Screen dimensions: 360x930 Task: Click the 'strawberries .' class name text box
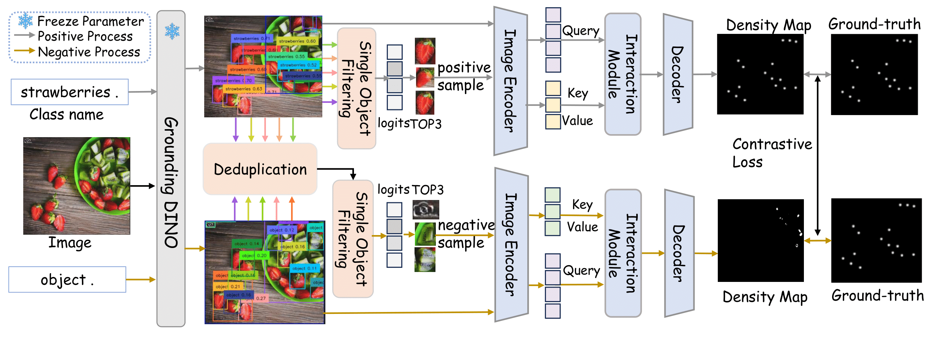[69, 92]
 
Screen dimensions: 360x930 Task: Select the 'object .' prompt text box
[67, 280]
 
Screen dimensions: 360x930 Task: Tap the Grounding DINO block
[171, 183]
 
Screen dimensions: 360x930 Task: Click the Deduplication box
[260, 169]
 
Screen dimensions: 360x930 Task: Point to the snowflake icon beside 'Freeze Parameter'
[26, 21]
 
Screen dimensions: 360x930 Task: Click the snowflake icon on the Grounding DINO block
[172, 31]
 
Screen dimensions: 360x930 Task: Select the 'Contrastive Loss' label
[772, 153]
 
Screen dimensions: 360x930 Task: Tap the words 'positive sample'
[464, 76]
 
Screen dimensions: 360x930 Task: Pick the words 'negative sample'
[466, 234]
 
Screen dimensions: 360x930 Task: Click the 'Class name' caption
[66, 114]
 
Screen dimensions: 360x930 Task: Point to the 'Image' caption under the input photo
[70, 242]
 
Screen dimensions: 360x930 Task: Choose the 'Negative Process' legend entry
[88, 51]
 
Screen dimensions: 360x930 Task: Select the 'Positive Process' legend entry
[85, 36]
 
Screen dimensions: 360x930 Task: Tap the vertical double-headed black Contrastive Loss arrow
[817, 156]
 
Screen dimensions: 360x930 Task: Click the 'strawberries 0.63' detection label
[243, 89]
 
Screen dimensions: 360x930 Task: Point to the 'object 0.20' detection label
[254, 255]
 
